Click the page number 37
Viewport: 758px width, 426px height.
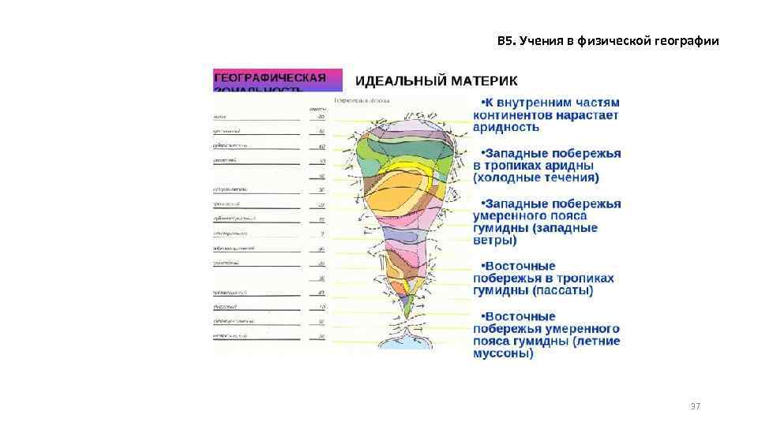(695, 406)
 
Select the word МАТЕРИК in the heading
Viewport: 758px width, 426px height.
(486, 80)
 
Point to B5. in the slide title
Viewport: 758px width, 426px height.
(506, 41)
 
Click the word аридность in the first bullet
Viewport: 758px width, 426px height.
(506, 126)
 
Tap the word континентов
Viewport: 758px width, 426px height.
(515, 114)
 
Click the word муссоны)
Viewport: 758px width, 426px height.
(503, 353)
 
